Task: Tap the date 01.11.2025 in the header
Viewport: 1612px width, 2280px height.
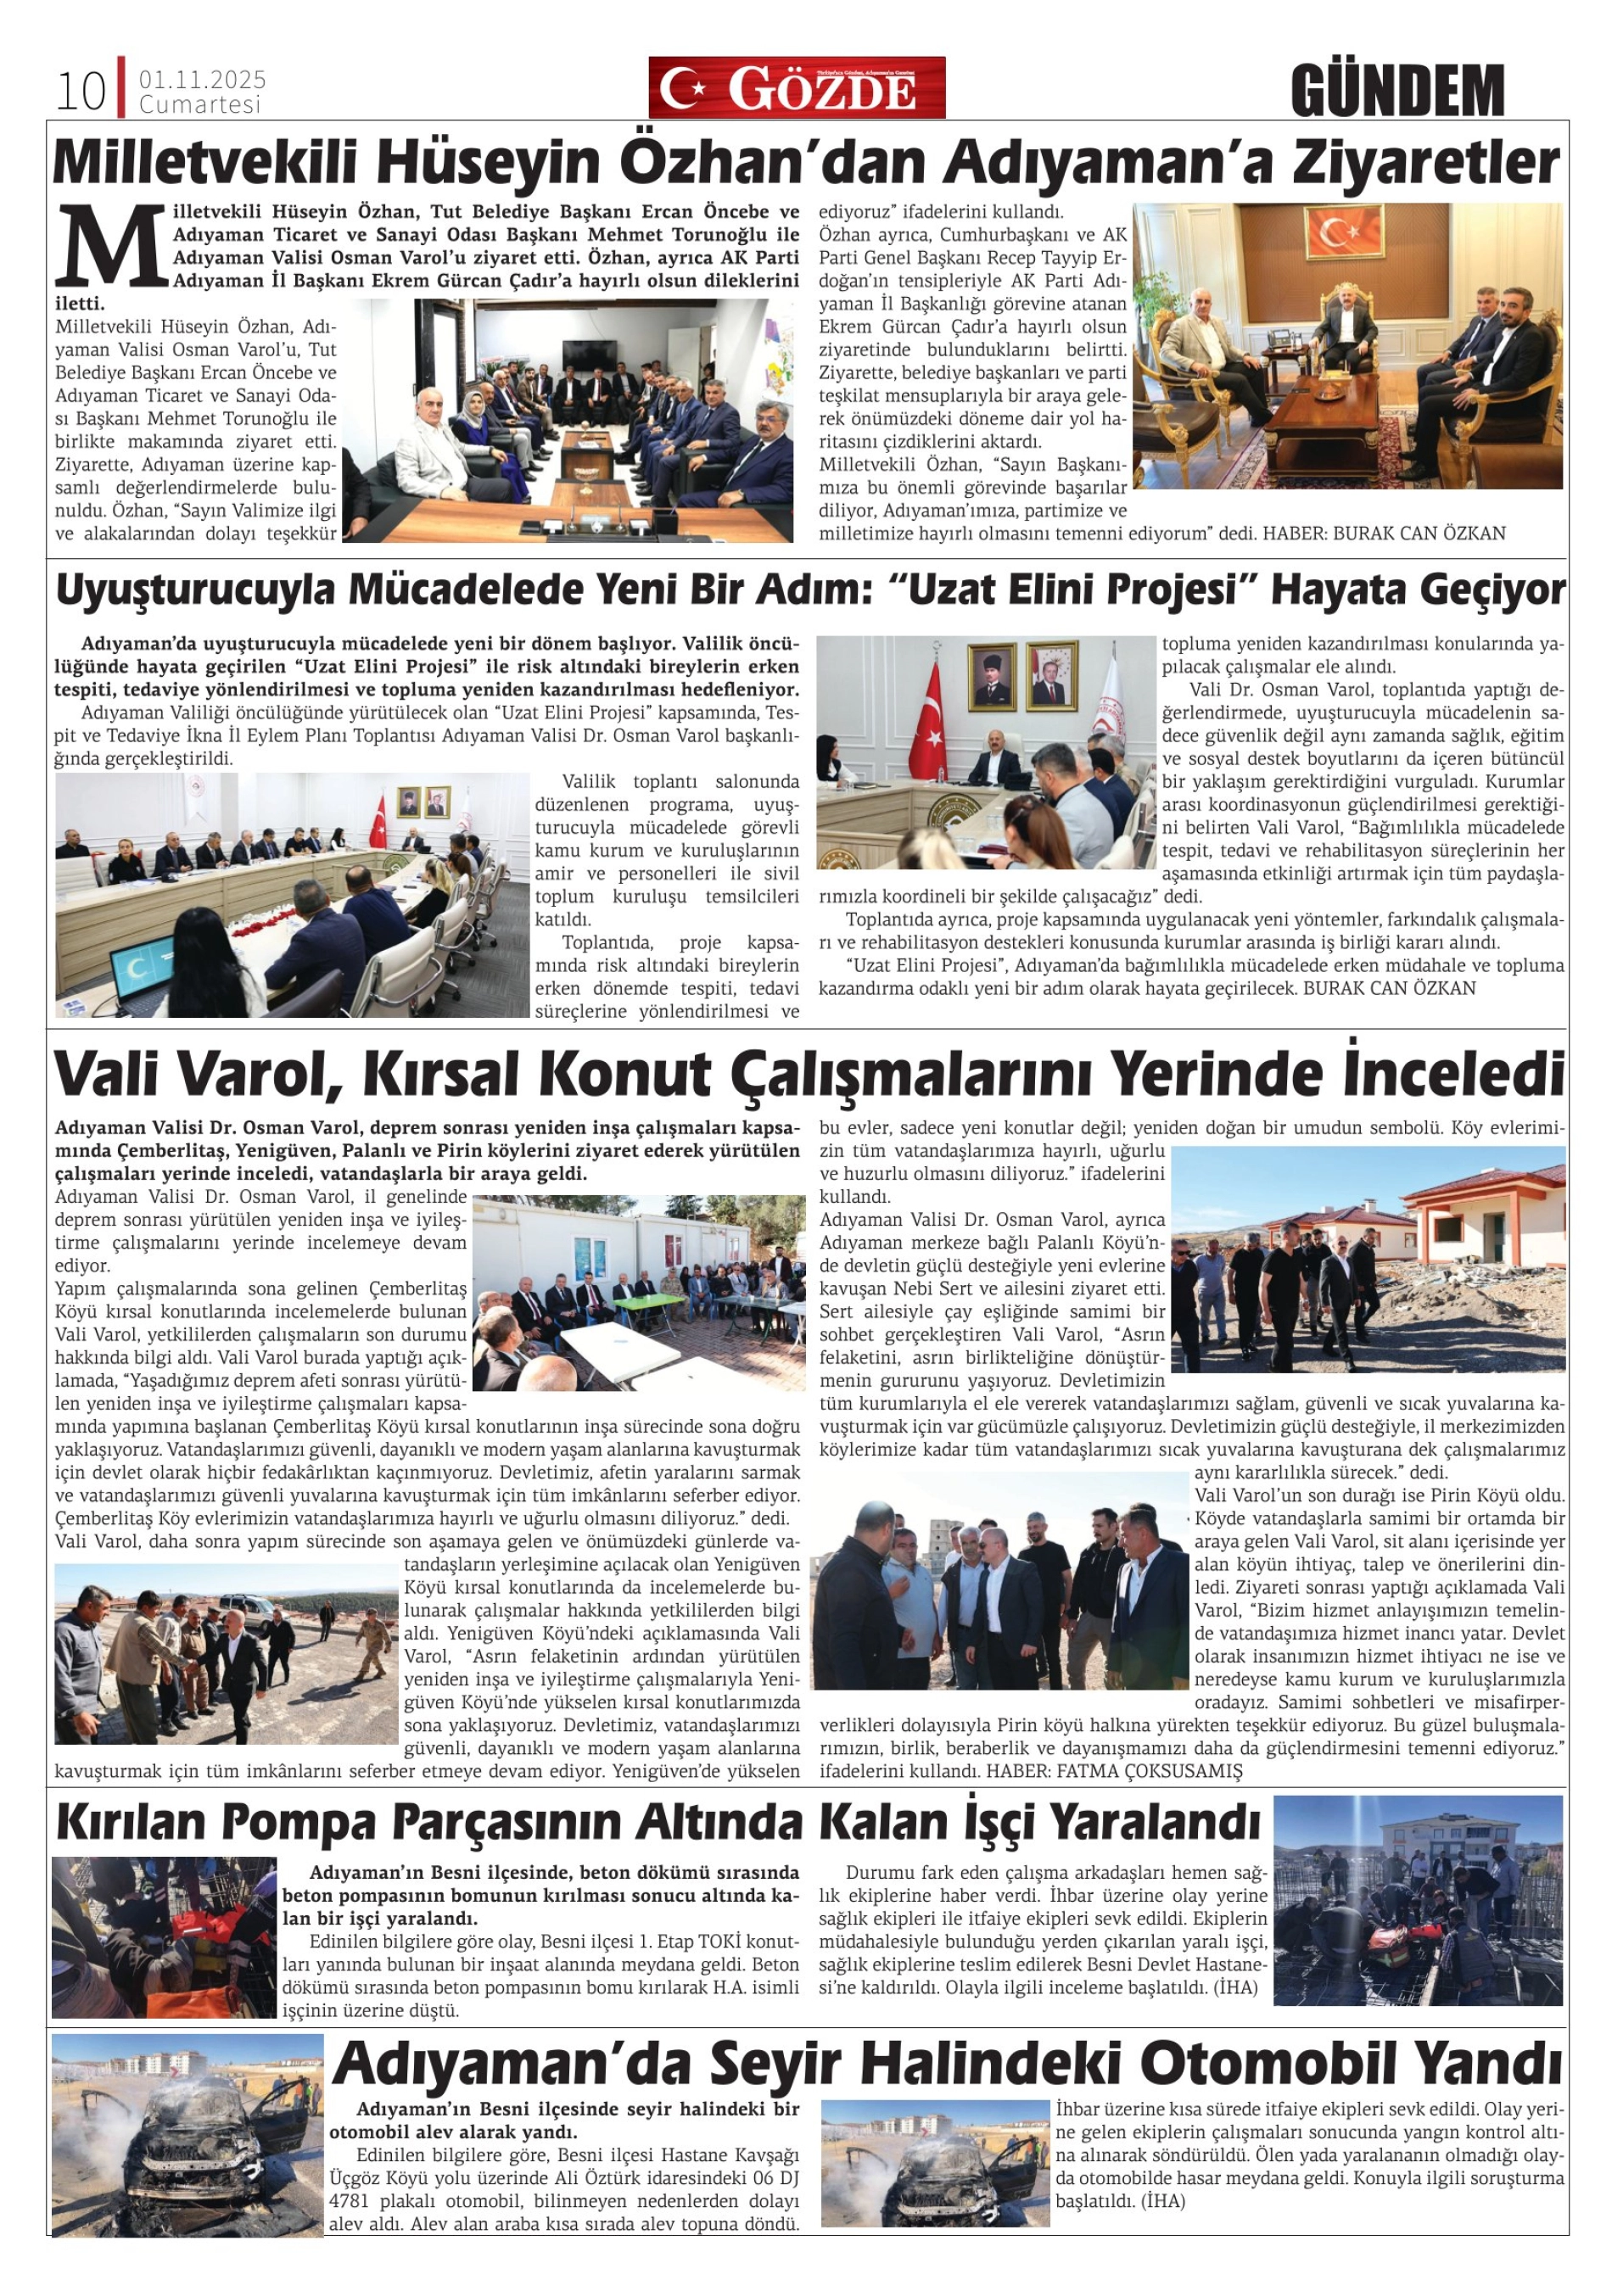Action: coord(203,80)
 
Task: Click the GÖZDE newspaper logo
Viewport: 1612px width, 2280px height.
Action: coord(797,87)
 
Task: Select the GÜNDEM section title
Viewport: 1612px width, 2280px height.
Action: coord(1397,91)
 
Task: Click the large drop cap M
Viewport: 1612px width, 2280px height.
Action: coord(110,244)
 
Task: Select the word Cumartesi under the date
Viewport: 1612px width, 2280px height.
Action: coord(199,104)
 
